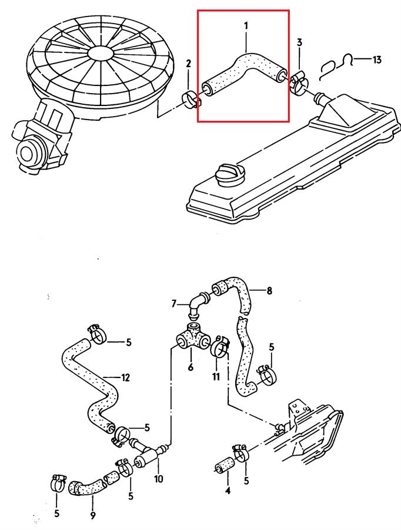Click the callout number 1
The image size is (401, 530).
click(246, 25)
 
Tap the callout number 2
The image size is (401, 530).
click(189, 63)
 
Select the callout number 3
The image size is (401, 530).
click(299, 42)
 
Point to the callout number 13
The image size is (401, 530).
click(377, 59)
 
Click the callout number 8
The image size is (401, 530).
click(269, 290)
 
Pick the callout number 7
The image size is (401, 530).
click(174, 304)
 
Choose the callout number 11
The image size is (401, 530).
click(216, 375)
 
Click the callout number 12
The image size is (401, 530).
click(125, 377)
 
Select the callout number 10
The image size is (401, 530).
click(159, 479)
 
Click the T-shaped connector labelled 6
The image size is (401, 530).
click(191, 340)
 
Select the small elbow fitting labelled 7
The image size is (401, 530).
click(197, 303)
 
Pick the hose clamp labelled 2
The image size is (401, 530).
click(192, 98)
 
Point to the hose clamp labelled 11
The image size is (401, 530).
click(220, 346)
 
